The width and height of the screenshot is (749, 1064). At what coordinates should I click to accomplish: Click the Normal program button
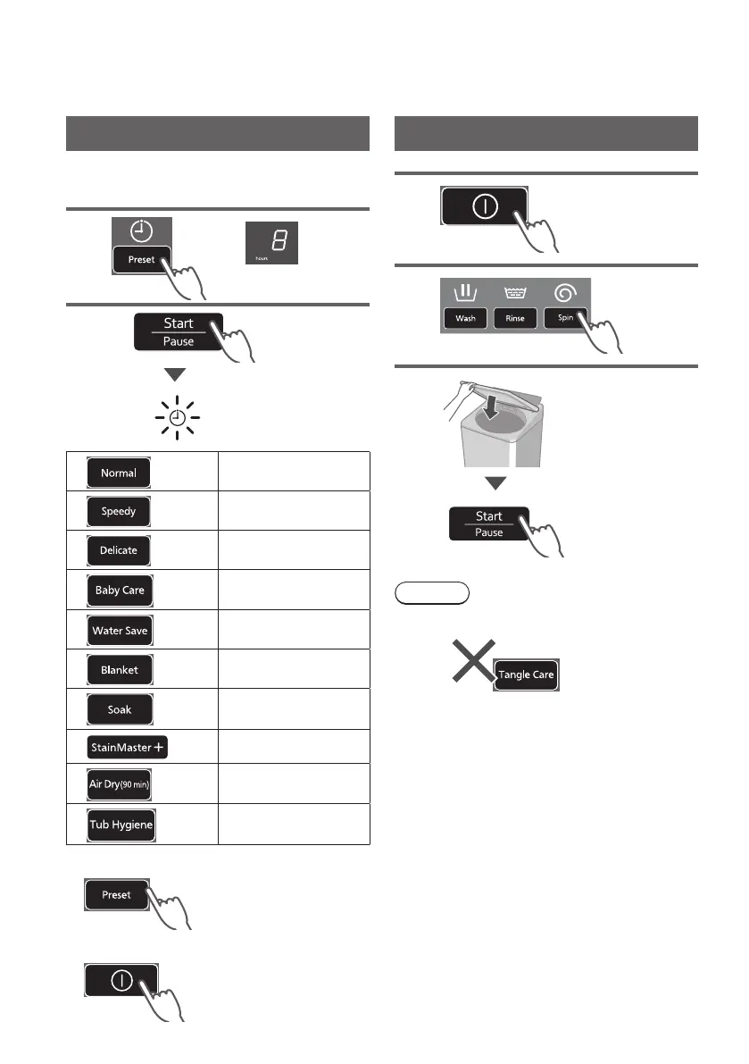pos(119,473)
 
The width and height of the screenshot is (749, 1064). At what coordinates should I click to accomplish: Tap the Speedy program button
pos(119,512)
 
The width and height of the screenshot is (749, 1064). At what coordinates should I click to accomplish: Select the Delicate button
pos(119,551)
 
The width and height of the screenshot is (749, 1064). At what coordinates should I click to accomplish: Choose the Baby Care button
pos(120,591)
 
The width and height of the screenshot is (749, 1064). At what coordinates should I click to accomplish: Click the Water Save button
pos(120,631)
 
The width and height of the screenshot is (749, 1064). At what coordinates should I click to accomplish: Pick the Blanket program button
pos(120,670)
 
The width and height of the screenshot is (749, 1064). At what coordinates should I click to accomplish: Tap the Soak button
pos(120,709)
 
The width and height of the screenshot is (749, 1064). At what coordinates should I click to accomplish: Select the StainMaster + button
pos(129,749)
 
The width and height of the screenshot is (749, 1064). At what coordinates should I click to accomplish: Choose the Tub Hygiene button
pos(120,826)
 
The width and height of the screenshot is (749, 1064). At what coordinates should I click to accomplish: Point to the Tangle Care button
pos(527,674)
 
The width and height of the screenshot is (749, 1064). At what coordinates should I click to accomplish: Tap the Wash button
pos(465,318)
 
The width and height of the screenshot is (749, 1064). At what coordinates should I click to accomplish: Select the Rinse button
pos(515,318)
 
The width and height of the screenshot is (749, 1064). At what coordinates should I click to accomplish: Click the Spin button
pos(566,318)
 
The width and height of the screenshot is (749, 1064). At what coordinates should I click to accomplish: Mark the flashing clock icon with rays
pos(175,418)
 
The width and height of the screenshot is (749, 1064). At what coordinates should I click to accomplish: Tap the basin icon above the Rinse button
pos(516,292)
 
